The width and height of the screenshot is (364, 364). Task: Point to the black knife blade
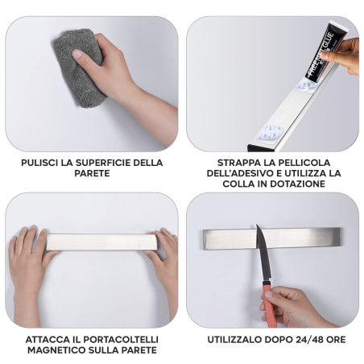coord(261,250)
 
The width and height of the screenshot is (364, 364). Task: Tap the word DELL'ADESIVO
coord(242,173)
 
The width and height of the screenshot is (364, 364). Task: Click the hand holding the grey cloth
coord(113,77)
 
